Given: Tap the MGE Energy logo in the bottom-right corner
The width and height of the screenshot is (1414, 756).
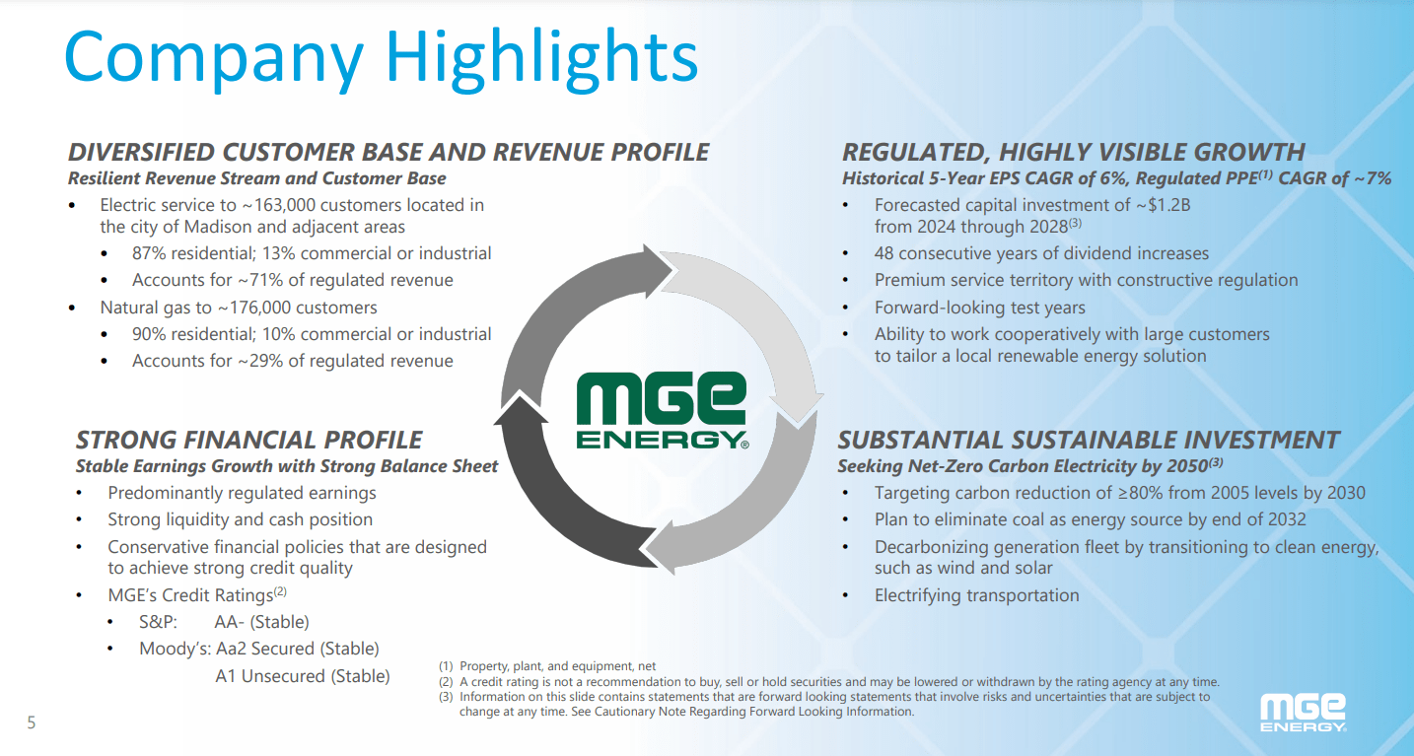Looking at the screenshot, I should click(x=1303, y=712).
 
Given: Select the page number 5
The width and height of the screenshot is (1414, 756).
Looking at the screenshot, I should click(x=31, y=723).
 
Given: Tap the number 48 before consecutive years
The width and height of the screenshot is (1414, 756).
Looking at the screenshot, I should click(x=884, y=253).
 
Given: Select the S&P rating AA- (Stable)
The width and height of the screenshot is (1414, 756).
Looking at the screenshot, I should click(x=261, y=622).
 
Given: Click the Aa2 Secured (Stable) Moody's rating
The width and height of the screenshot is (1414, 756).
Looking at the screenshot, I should click(x=297, y=649).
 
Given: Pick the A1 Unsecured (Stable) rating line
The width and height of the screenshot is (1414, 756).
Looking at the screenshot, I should click(x=302, y=676).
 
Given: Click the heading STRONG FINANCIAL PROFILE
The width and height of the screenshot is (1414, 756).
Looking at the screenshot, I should click(x=249, y=440).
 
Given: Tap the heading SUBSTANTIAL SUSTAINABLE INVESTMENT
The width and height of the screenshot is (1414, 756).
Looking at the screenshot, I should click(x=1089, y=440).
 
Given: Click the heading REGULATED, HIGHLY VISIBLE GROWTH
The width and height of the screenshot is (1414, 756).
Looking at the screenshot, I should click(x=1073, y=152).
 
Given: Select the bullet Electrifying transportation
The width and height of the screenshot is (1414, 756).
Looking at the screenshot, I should click(x=976, y=595).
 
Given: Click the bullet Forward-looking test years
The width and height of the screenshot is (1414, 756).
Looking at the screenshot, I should click(x=979, y=308).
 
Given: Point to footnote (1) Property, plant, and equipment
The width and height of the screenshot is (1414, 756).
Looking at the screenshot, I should click(x=556, y=667).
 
